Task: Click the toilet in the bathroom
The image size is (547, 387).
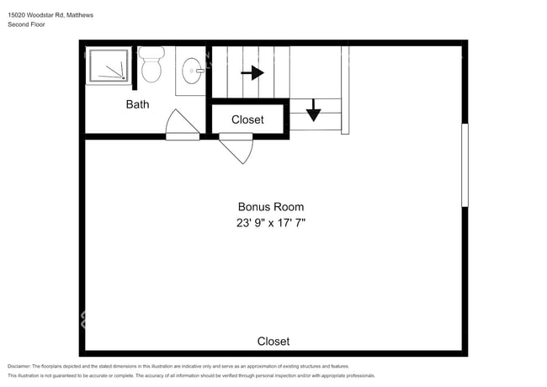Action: click(151, 65)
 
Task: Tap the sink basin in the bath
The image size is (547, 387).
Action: click(192, 71)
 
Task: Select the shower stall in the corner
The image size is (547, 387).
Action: click(109, 66)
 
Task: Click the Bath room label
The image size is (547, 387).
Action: click(137, 104)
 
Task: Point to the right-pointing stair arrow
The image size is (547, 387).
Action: click(252, 73)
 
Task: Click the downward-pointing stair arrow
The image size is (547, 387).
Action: click(313, 110)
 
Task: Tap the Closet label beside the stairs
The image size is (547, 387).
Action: click(247, 119)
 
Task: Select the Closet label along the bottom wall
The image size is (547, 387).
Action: click(273, 342)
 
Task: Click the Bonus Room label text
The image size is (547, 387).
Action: click(271, 207)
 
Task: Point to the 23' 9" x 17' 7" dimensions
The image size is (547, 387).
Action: click(271, 222)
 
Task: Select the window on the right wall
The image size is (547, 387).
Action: click(465, 165)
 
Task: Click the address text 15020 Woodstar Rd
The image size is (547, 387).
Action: click(36, 15)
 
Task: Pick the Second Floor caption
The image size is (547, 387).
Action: click(27, 24)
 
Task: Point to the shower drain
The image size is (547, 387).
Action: click(123, 77)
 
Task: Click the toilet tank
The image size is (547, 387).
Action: click(151, 53)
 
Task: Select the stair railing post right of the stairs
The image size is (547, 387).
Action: click(345, 90)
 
